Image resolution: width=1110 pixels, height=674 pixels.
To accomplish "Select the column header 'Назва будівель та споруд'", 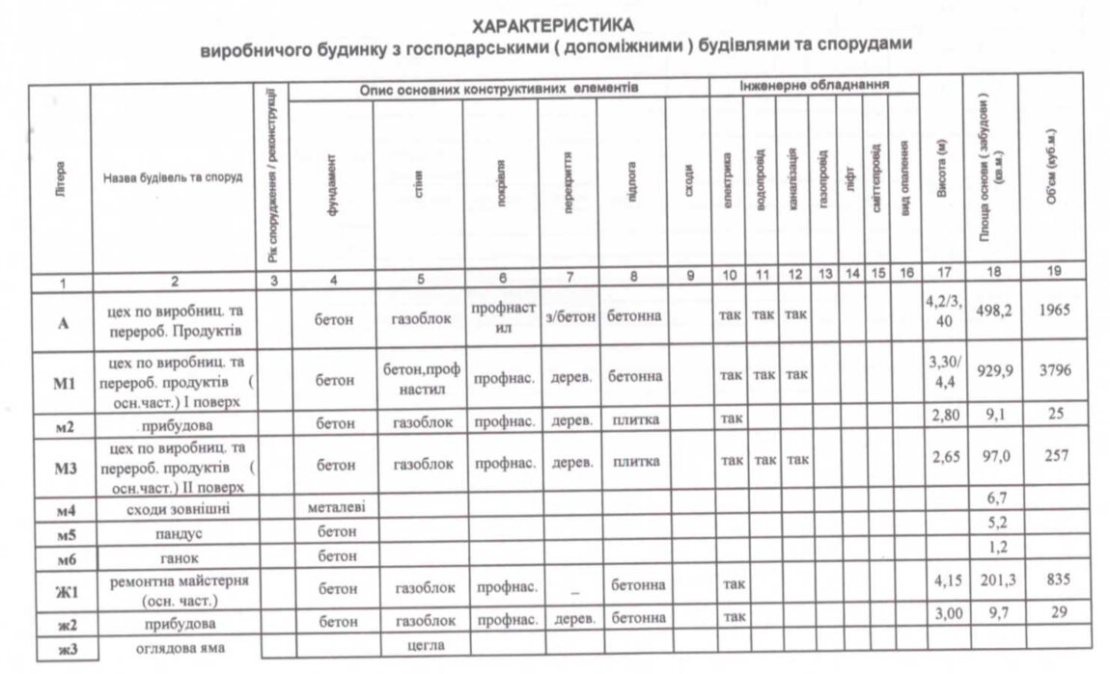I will click(173, 177).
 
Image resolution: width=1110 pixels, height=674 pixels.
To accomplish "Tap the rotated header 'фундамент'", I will click(332, 187).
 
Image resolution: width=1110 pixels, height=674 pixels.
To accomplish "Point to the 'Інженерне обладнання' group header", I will click(814, 86).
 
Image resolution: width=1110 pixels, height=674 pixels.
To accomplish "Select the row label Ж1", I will click(61, 586).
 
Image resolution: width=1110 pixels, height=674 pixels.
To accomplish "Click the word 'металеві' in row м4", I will click(332, 505).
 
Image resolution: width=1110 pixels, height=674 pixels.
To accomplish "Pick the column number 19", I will click(1056, 274).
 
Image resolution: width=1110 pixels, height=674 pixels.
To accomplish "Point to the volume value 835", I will click(1056, 581).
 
